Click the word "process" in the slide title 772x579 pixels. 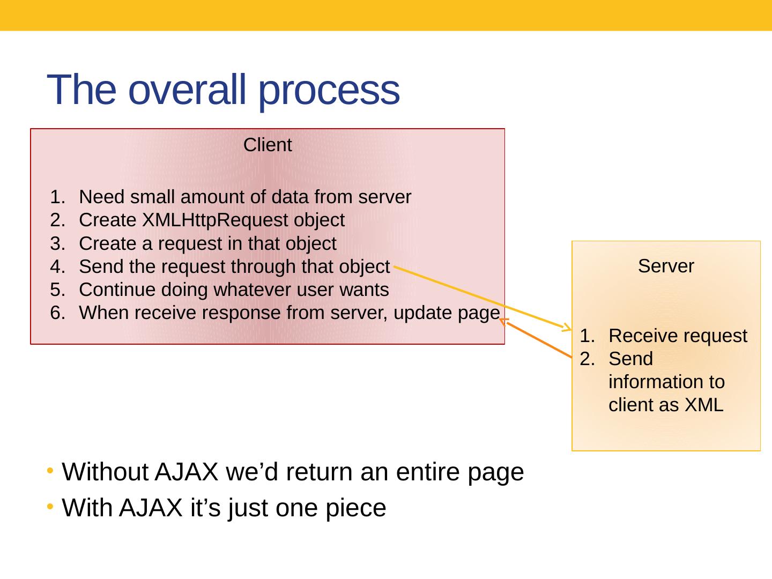[329, 90]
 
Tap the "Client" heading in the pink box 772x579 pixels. [268, 145]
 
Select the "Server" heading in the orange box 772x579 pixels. [666, 266]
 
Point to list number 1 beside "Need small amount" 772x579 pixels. [56, 197]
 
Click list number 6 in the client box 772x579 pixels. [56, 313]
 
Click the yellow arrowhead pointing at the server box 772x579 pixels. [568, 327]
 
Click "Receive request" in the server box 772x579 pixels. [678, 336]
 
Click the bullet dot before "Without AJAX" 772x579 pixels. [50, 471]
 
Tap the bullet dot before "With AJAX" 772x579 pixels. [50, 506]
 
